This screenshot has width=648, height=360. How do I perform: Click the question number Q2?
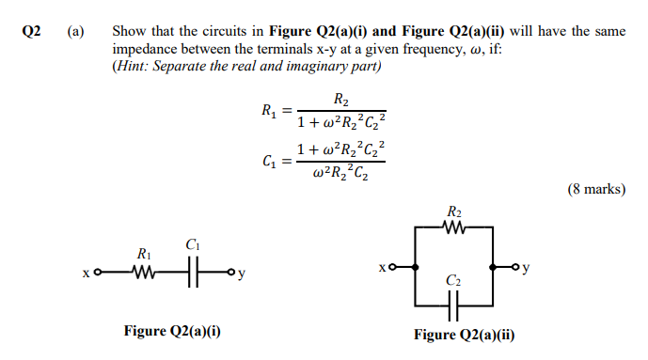coord(31,31)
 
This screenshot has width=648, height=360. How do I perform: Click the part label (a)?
coord(75,31)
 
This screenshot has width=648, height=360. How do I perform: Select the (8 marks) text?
coord(595,189)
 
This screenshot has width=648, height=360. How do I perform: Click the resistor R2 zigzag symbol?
coord(454,226)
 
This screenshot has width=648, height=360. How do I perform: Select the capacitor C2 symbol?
coord(453,304)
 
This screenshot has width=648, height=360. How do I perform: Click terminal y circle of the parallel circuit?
coord(515,267)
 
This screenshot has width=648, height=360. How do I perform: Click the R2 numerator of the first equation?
coord(341,99)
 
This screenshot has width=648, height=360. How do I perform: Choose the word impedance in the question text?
coord(148,48)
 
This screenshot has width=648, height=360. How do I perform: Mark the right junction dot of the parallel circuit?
coord(492,267)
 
